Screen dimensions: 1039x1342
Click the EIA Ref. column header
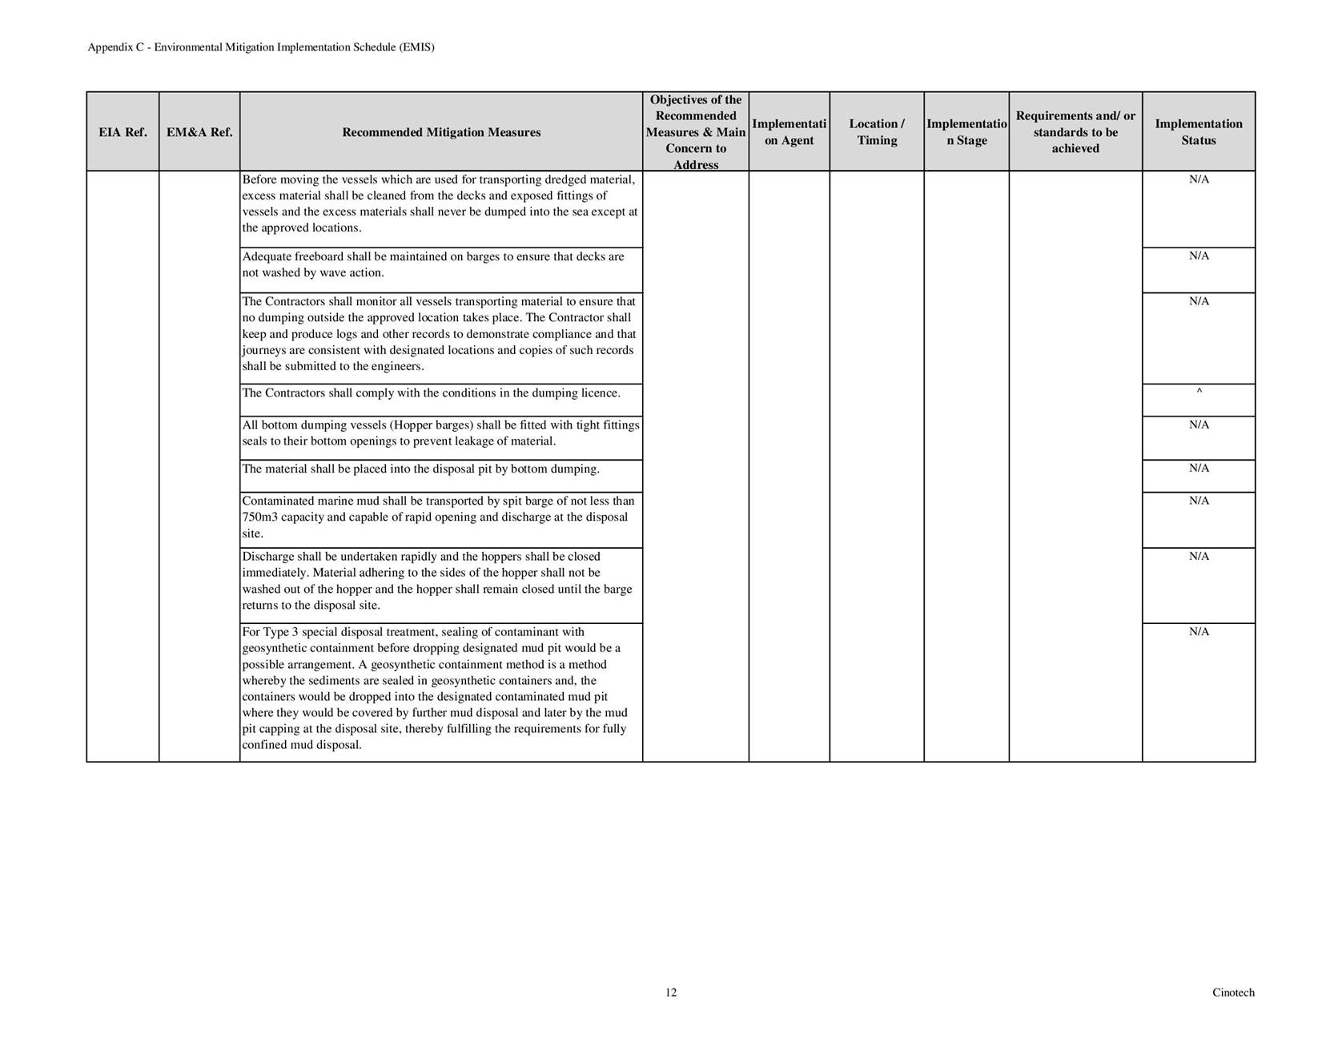coord(123,132)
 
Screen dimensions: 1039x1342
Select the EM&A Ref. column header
coord(199,132)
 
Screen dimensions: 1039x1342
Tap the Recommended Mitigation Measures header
coord(441,132)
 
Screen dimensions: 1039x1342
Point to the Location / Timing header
coord(877,132)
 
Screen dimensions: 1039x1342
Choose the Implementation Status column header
coord(1198,132)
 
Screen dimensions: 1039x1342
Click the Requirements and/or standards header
coord(1075,132)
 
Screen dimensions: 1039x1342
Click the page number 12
coord(671,993)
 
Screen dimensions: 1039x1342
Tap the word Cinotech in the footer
coord(1233,993)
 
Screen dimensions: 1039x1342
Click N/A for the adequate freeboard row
coord(1199,256)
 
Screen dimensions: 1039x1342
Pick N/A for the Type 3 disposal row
coord(1199,632)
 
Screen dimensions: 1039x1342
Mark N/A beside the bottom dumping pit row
coord(1199,469)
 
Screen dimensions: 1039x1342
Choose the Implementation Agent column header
coord(789,132)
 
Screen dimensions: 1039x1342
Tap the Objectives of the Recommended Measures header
coord(696,132)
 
